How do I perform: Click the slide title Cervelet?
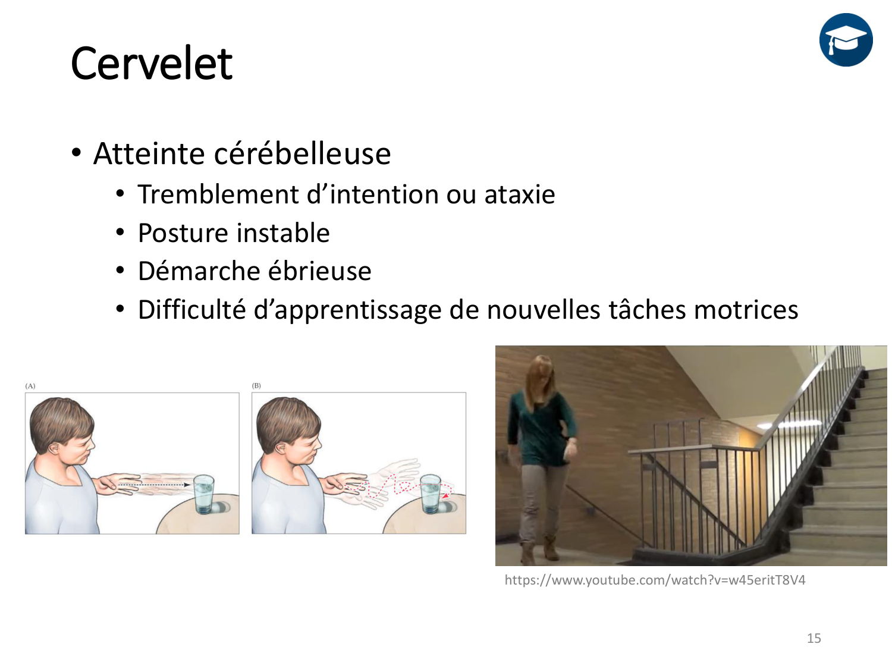point(151,64)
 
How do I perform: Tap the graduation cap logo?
point(846,40)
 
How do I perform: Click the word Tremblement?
point(218,194)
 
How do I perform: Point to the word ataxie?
point(519,194)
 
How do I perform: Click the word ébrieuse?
point(320,271)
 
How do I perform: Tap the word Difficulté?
point(192,309)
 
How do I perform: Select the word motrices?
point(746,309)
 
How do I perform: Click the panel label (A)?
point(30,386)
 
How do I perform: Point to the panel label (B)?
point(256,385)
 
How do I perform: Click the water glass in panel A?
point(203,494)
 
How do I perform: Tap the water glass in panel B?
point(431,494)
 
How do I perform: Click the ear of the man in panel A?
point(54,448)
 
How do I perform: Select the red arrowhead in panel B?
point(446,495)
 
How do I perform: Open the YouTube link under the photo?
point(655,580)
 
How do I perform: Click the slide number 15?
point(814,638)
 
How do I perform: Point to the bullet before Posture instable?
point(120,233)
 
